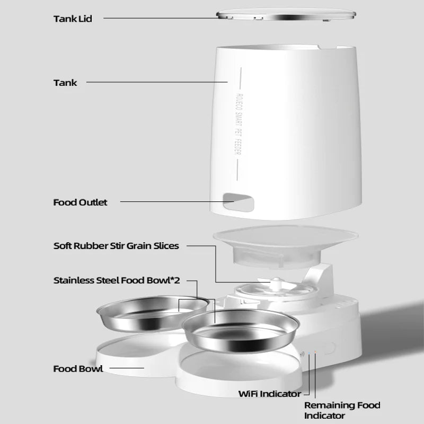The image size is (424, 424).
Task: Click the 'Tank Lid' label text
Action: pos(73,19)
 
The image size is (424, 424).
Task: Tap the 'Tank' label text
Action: pos(65,83)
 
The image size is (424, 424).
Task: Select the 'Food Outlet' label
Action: pos(80,202)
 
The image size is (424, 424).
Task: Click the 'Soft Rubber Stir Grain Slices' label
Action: pos(116,246)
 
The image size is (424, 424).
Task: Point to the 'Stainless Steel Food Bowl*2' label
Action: pos(117,280)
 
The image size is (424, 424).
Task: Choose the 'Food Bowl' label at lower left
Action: pos(78,369)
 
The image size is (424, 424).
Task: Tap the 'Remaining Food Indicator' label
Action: pos(342,411)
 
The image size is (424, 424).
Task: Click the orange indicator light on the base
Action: pos(315,352)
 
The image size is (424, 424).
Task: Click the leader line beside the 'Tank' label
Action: pos(156,82)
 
